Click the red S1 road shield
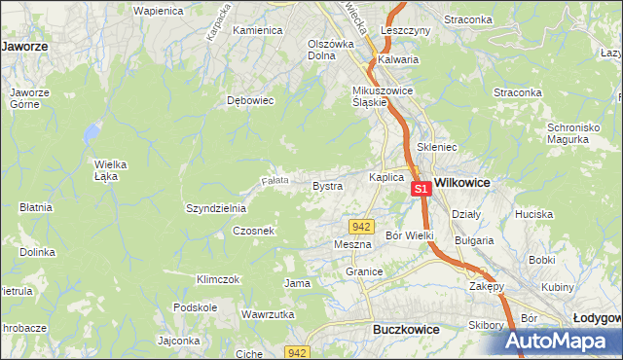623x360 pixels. pyautogui.click(x=421, y=189)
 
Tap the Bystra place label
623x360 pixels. pyautogui.click(x=327, y=185)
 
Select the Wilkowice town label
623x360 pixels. pyautogui.click(x=461, y=182)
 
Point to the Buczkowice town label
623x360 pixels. pyautogui.click(x=406, y=330)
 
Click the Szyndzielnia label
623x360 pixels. pyautogui.click(x=216, y=208)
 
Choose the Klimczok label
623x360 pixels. pyautogui.click(x=218, y=279)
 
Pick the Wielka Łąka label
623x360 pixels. pyautogui.click(x=112, y=169)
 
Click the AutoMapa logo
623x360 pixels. pyautogui.click(x=557, y=342)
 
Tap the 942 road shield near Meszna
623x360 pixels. pyautogui.click(x=361, y=226)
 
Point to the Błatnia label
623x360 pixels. pyautogui.click(x=35, y=206)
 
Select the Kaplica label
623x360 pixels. pyautogui.click(x=386, y=177)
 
